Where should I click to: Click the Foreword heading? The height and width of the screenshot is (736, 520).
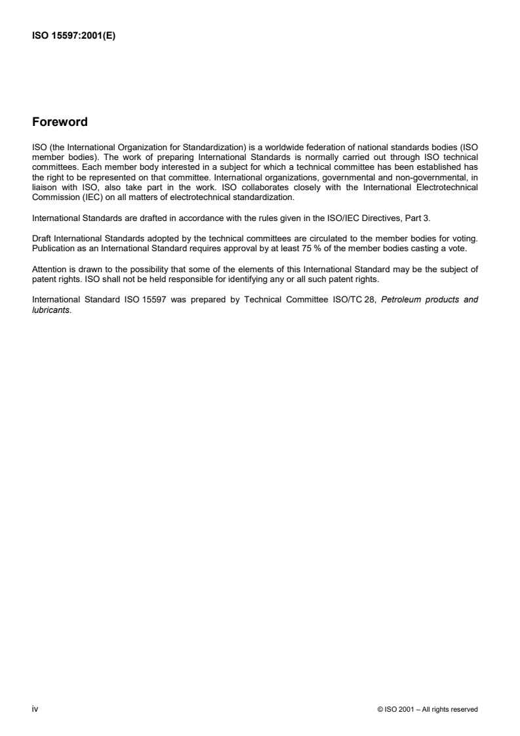[x=60, y=122]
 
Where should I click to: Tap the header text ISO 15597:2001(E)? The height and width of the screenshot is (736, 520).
[x=74, y=37]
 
